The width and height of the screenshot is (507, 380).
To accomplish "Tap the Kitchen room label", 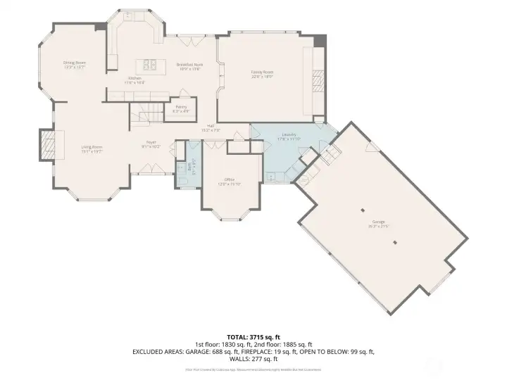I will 134,80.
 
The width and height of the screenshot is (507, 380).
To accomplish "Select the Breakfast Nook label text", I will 189,66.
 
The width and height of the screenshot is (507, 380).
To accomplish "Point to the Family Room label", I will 262,72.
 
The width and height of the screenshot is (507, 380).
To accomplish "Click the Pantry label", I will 181,108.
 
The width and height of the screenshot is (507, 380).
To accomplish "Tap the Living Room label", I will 92,148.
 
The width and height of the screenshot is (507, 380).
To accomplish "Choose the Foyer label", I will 151,144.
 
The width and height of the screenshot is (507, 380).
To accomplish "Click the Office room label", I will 230,181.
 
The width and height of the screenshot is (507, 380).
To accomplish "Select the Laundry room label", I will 289,136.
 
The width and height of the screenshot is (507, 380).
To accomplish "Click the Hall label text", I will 211,127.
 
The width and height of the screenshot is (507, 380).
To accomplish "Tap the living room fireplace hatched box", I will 48,145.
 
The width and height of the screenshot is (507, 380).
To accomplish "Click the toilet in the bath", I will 181,180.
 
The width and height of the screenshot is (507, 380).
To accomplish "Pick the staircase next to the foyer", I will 145,113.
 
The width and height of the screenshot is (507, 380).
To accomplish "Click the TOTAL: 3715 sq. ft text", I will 254,336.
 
